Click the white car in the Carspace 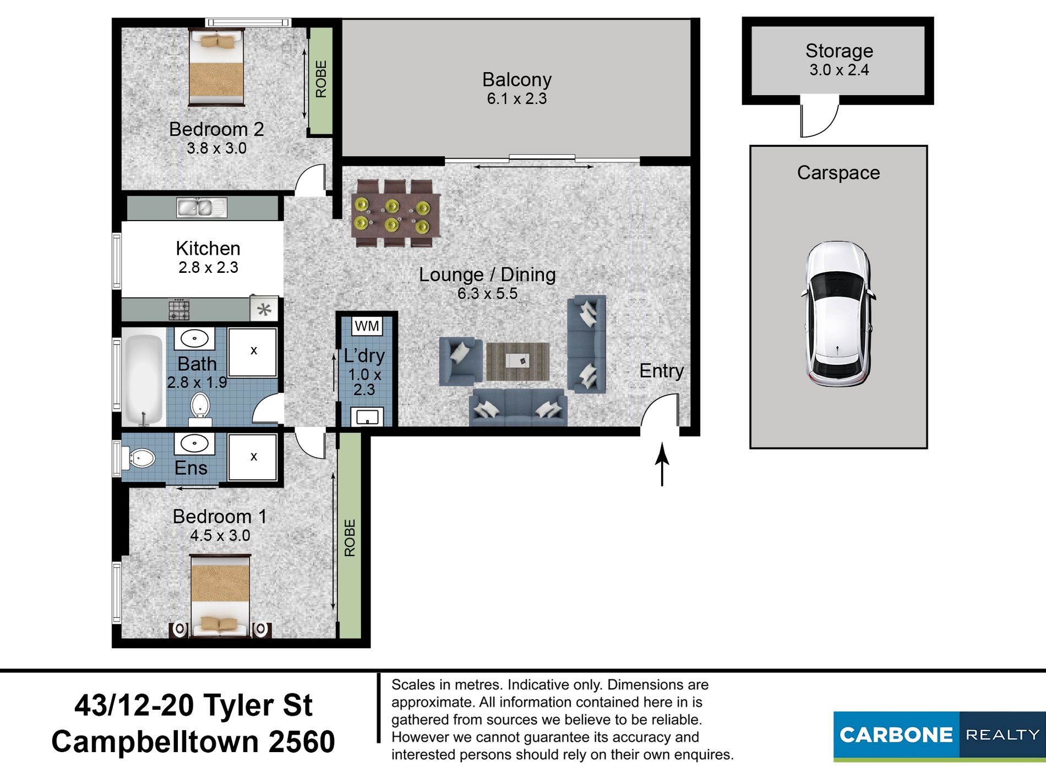(x=838, y=314)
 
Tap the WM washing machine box (x=367, y=326)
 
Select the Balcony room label (x=516, y=80)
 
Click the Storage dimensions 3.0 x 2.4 (x=839, y=70)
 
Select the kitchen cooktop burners (x=179, y=309)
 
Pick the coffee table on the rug (x=517, y=360)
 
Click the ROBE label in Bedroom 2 (x=321, y=79)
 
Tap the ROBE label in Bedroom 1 (x=350, y=538)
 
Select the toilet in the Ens (x=139, y=458)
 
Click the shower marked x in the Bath (x=253, y=352)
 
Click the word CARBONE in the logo (x=896, y=735)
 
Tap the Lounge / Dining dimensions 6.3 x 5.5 (x=487, y=294)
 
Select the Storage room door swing (x=819, y=118)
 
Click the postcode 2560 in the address (x=302, y=742)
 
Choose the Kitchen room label (x=208, y=248)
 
